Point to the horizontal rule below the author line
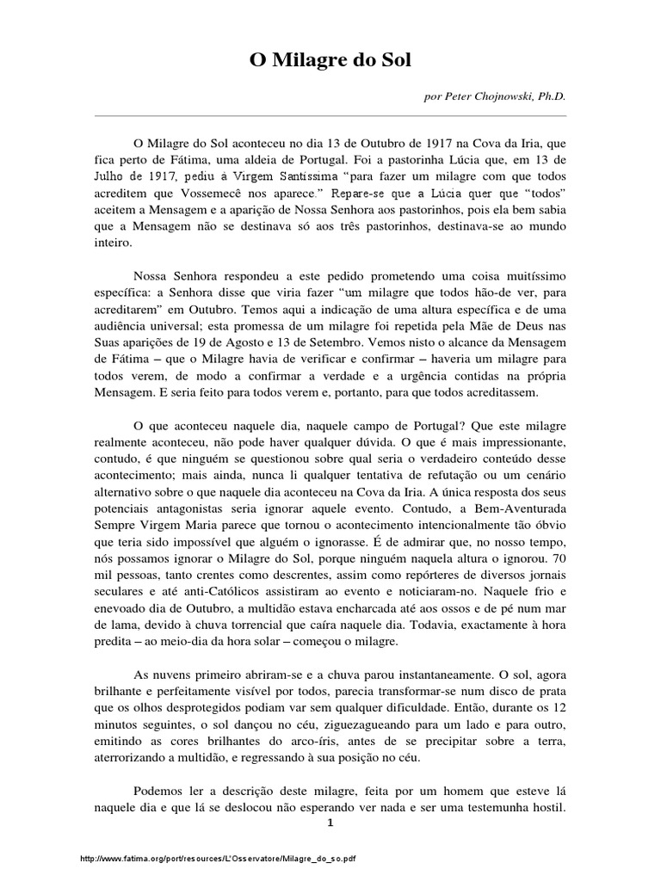(330, 115)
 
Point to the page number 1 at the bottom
(330, 822)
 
